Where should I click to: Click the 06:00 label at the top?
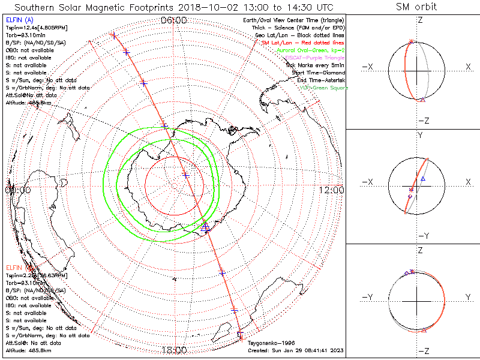point(174,20)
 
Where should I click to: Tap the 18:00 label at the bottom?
point(174,350)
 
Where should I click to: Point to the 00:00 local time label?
point(17,190)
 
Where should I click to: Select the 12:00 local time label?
point(331,190)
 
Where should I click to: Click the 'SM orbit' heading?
point(416,7)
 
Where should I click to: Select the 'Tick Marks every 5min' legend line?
point(316,65)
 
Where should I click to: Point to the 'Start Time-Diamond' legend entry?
point(319,73)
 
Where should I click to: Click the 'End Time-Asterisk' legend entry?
point(321,80)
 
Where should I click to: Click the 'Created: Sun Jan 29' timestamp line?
point(295,350)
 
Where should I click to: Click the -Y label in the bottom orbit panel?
point(370,298)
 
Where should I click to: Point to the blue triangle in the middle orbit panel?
point(423,179)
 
